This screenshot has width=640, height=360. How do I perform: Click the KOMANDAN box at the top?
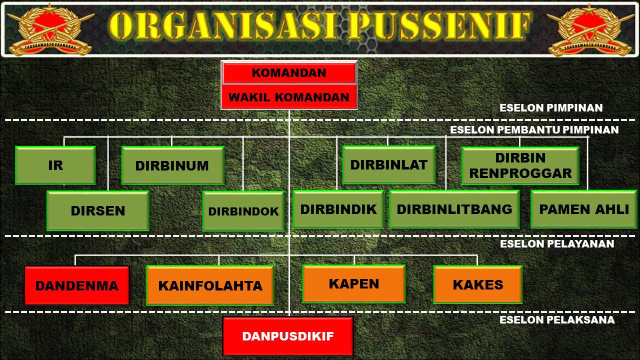pyautogui.click(x=289, y=73)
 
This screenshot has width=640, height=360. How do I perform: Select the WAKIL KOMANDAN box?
pyautogui.click(x=289, y=97)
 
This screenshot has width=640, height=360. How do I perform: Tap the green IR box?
pyautogui.click(x=55, y=165)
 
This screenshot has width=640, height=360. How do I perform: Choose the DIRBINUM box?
pyautogui.click(x=173, y=165)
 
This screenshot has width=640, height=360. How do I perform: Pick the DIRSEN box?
pyautogui.click(x=98, y=211)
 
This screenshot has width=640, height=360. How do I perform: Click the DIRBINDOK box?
pyautogui.click(x=243, y=211)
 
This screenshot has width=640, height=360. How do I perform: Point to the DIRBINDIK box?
pyautogui.click(x=338, y=209)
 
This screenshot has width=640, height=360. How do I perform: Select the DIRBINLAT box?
pyautogui.click(x=389, y=165)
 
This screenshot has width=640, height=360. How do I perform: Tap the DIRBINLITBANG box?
pyautogui.click(x=454, y=209)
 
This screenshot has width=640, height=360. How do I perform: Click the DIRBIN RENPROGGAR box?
pyautogui.click(x=520, y=165)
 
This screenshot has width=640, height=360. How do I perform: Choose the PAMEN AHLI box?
pyautogui.click(x=583, y=209)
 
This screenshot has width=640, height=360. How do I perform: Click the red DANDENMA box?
pyautogui.click(x=77, y=285)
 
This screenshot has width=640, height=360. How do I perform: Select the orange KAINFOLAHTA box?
pyautogui.click(x=210, y=285)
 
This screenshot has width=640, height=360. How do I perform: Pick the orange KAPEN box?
pyautogui.click(x=354, y=283)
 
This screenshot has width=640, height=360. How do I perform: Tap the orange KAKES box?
pyautogui.click(x=478, y=284)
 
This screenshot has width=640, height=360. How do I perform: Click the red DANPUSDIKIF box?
pyautogui.click(x=288, y=336)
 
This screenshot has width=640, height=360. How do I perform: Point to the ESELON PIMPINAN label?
pyautogui.click(x=551, y=108)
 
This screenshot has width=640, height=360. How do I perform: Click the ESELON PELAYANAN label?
pyautogui.click(x=557, y=244)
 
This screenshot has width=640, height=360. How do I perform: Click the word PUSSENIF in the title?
pyautogui.click(x=439, y=25)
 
